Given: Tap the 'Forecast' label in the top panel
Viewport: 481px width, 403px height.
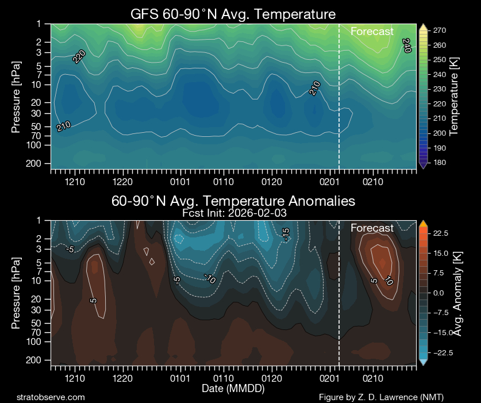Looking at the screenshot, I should point(372,32).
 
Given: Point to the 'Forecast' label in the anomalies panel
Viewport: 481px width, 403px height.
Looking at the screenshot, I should point(372,228).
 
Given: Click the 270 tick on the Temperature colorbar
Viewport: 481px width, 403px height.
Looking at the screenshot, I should point(440,30).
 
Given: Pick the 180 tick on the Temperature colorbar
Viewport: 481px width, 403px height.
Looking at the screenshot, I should point(440,163).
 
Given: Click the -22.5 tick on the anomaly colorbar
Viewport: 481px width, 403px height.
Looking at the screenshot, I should point(442,352).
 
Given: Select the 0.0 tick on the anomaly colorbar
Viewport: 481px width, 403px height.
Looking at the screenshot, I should point(440,293).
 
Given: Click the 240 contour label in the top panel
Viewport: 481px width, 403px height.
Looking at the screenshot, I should point(407,46).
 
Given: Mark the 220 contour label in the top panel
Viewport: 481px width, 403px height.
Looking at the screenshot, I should point(79,56).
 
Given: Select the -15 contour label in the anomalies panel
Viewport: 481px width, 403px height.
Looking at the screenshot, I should point(286,234).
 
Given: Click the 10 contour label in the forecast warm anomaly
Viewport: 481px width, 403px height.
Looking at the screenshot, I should point(388,281).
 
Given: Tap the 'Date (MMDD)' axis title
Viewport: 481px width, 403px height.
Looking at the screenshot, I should point(233,389).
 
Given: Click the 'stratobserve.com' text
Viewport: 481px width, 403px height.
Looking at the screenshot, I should point(51,397).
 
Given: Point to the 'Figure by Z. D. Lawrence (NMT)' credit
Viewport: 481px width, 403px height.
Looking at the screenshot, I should point(381,397).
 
